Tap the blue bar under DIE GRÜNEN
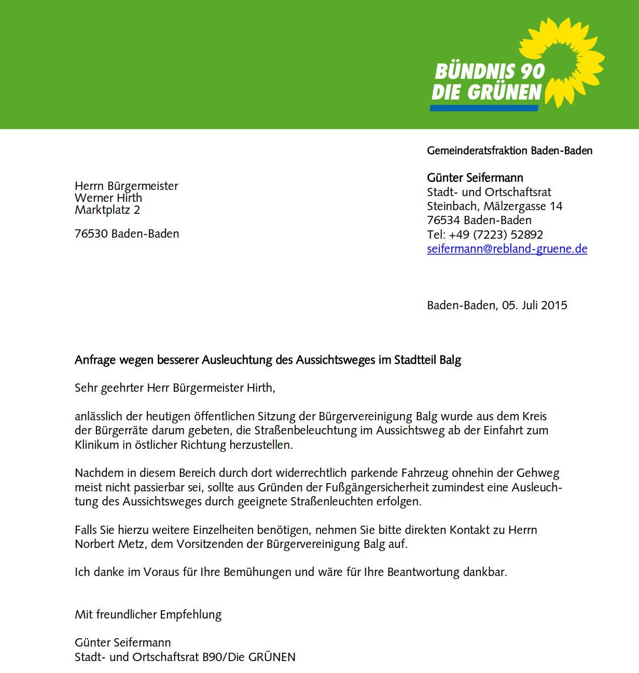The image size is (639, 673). (484, 108)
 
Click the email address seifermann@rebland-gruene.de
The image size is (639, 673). (507, 249)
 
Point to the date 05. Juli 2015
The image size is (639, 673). (534, 305)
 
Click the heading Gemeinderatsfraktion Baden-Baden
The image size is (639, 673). (509, 150)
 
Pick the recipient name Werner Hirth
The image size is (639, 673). (108, 198)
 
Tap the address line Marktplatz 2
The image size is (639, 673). (107, 210)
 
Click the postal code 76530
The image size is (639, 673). (91, 234)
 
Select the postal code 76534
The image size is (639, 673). (443, 220)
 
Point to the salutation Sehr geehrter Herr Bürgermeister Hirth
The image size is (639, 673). (175, 388)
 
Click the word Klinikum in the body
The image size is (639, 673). (96, 445)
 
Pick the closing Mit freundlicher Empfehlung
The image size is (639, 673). (148, 614)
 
